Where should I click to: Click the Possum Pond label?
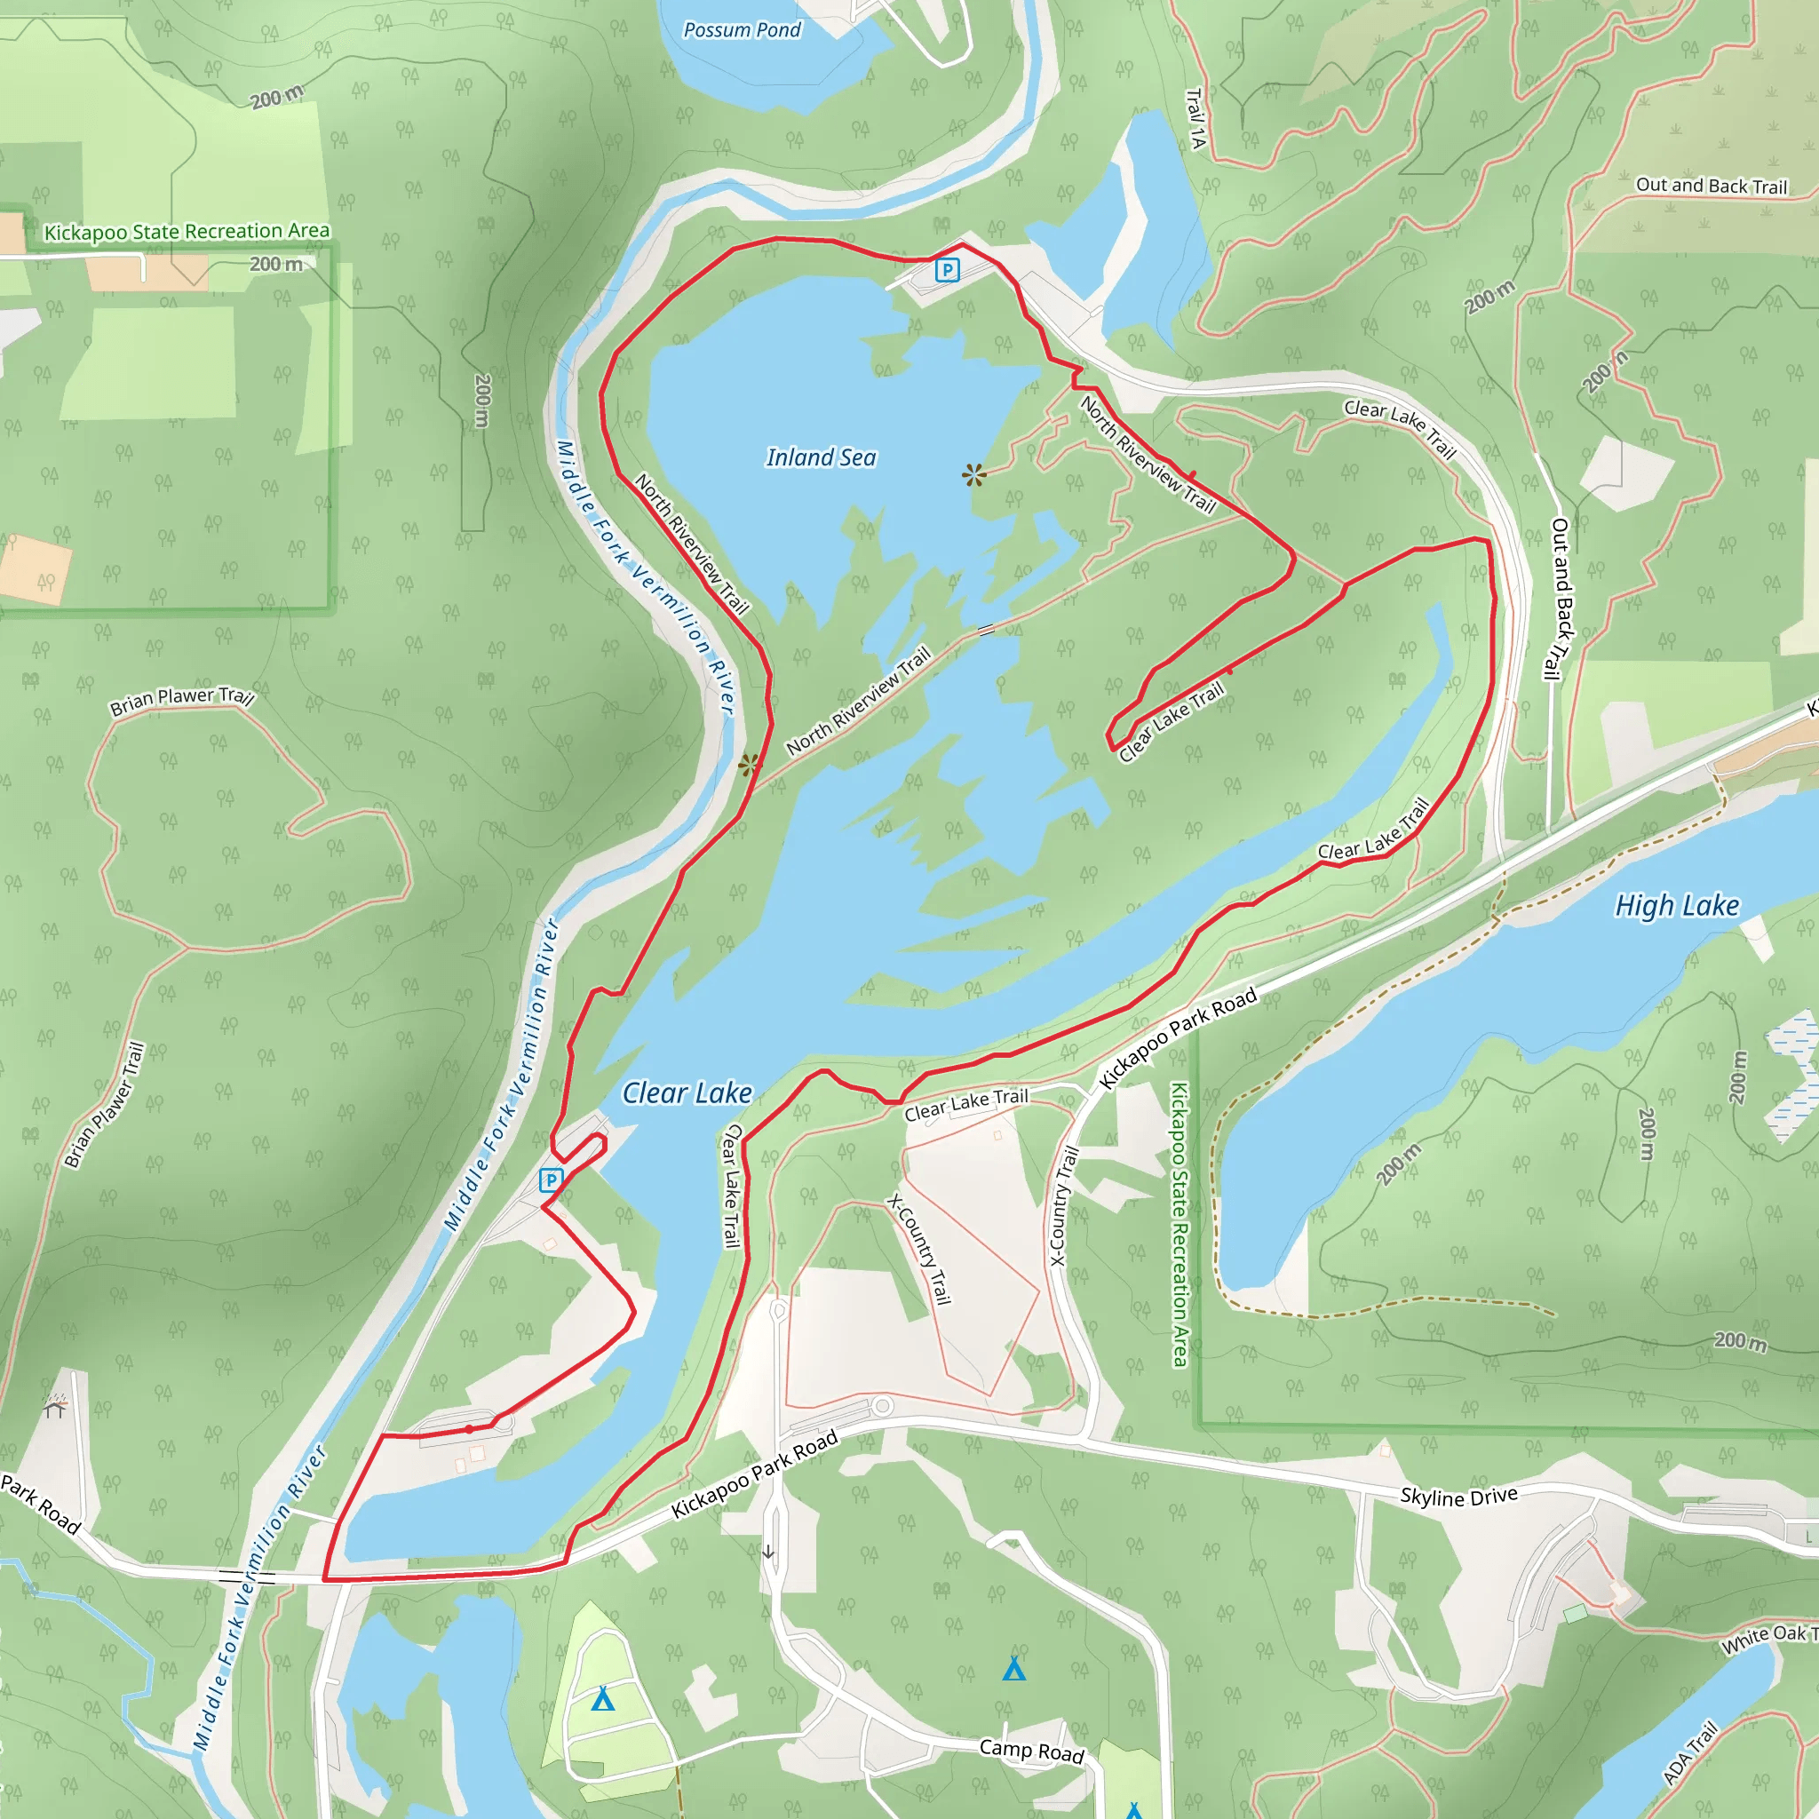point(742,30)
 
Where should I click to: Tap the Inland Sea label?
point(820,457)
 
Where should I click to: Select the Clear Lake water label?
point(687,1093)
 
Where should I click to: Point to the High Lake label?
point(1677,906)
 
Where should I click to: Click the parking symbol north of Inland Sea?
point(947,270)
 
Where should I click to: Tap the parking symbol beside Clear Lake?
point(551,1180)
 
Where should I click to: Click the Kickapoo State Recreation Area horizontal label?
point(187,232)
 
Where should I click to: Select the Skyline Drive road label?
point(1458,1496)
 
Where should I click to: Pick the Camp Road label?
point(1032,1751)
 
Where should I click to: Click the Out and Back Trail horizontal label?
point(1711,186)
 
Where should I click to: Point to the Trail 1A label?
point(1195,119)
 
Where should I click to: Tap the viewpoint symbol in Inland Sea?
point(974,474)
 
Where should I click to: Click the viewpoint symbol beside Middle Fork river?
point(749,765)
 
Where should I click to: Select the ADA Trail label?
point(1690,1753)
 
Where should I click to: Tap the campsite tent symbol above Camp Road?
point(1014,1669)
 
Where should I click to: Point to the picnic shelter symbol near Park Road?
point(56,1407)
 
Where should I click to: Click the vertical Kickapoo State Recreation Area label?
point(1179,1224)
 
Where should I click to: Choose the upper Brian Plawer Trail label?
point(182,700)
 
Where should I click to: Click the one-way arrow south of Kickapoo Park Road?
point(768,1553)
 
